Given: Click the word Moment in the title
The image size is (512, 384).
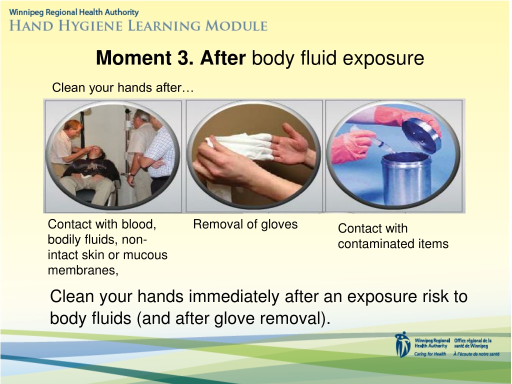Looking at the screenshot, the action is point(133,58).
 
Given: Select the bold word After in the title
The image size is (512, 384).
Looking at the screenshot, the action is point(222,58).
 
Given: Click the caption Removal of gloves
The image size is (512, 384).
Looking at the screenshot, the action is point(245,224).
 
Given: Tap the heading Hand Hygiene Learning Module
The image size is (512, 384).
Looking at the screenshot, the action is point(138,26).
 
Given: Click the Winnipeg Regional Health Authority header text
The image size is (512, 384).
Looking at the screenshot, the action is point(74,12).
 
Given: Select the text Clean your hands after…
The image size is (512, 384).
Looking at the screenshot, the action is point(123,87).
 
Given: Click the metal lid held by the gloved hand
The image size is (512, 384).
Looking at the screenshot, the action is point(421,134).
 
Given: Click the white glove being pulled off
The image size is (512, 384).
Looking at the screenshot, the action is point(240,146).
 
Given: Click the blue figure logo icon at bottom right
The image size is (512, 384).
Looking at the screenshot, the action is point(402,345).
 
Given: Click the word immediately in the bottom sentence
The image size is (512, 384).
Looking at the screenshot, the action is point(233,296).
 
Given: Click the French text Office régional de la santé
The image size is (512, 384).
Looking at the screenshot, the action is point(473,343).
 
